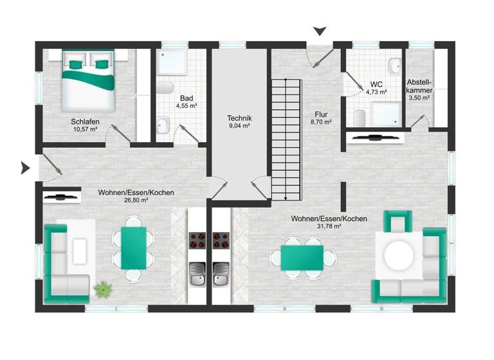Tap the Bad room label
187,98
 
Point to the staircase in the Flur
286,138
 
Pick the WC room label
376,84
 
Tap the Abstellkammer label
419,86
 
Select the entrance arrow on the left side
26,168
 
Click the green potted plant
102,290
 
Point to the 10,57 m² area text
85,129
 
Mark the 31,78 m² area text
329,228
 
